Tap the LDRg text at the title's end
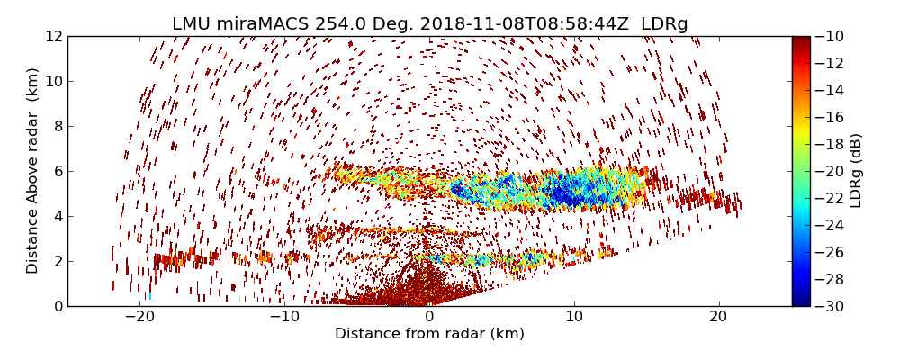[x=664, y=24]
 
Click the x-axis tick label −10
[x=284, y=318]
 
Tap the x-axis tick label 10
[x=574, y=318]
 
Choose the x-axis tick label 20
[x=719, y=318]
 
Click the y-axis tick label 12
[x=53, y=37]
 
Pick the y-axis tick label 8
[x=57, y=127]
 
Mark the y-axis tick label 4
[x=57, y=217]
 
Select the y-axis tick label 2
[x=57, y=262]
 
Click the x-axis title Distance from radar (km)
[x=429, y=334]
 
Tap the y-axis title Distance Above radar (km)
[x=33, y=170]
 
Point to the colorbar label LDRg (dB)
[x=856, y=171]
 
